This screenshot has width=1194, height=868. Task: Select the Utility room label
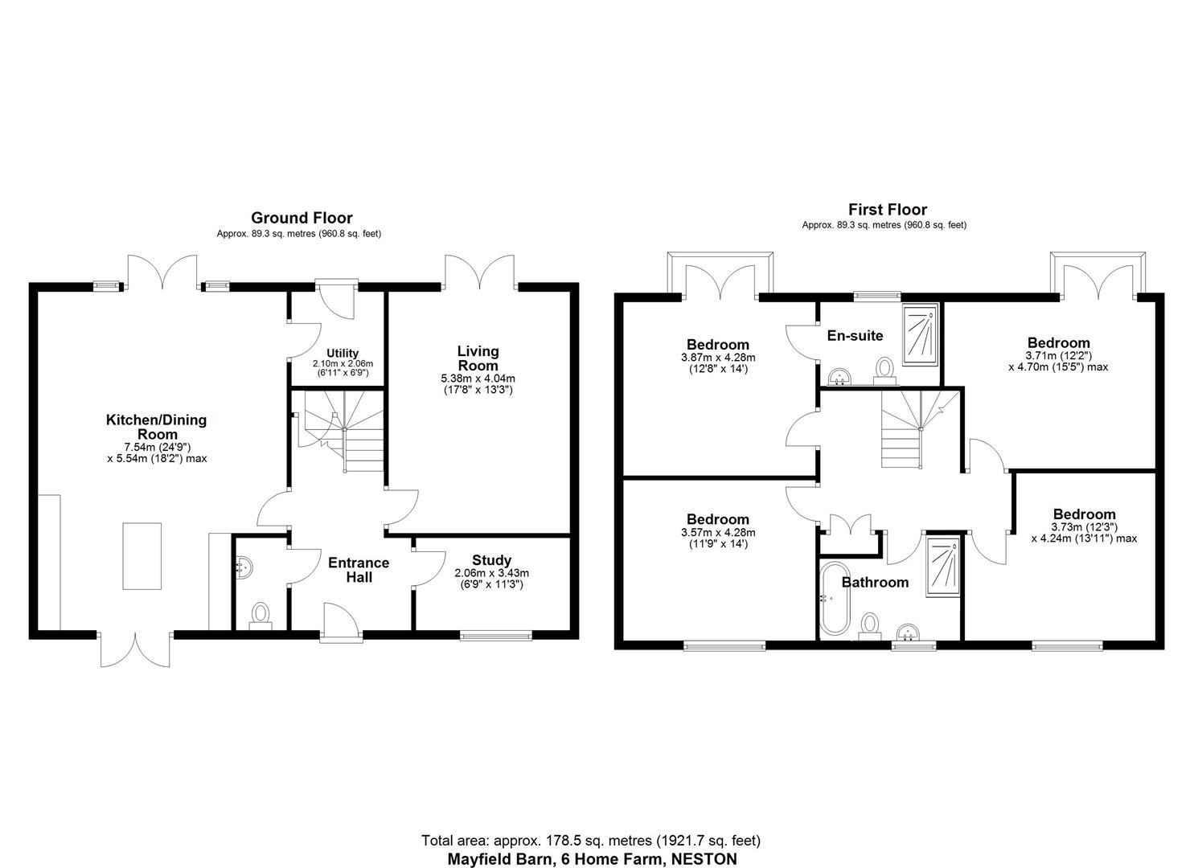[x=343, y=354]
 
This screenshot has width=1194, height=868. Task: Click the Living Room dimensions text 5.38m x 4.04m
[x=478, y=379]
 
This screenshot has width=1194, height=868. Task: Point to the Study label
[x=491, y=560]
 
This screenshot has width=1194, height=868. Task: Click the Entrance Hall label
[x=359, y=570]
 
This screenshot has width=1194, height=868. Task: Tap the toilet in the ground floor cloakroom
[x=261, y=616]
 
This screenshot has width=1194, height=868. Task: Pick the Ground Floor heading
[x=302, y=218]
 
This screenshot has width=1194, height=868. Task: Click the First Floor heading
[x=887, y=210]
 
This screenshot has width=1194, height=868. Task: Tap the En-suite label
[x=855, y=336]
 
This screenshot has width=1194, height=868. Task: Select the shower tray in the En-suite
[x=921, y=335]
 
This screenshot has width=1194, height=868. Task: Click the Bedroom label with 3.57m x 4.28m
[x=717, y=520]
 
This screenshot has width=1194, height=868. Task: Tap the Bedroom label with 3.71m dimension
[x=1058, y=343]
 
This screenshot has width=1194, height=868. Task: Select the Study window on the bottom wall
[x=495, y=636]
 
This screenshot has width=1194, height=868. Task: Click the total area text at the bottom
[x=591, y=841]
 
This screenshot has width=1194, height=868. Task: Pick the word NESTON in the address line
[x=704, y=858]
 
